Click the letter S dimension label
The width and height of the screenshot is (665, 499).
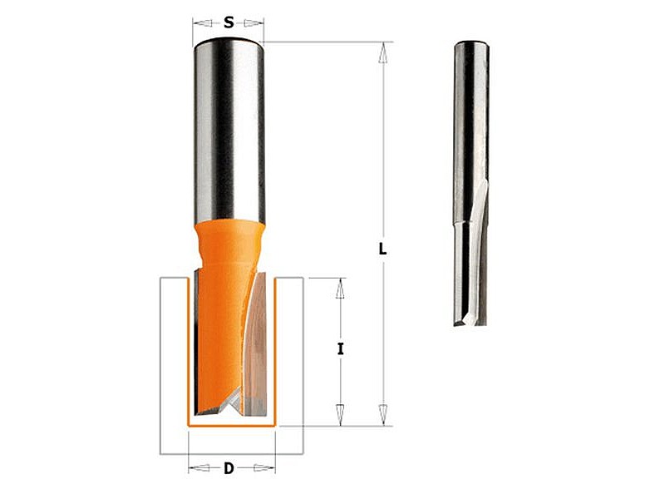click(229, 22)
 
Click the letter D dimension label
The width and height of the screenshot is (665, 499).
click(229, 468)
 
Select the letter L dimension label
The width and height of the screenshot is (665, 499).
click(382, 249)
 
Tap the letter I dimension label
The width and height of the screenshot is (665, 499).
click(340, 349)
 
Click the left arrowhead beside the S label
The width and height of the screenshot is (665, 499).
click(202, 23)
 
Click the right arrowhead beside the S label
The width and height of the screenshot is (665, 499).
click(254, 23)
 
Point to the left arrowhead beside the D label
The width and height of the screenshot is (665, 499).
click(199, 468)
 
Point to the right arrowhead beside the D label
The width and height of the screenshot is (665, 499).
click(264, 468)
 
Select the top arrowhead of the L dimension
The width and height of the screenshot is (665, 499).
click(383, 52)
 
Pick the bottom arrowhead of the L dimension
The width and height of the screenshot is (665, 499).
click(383, 414)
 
